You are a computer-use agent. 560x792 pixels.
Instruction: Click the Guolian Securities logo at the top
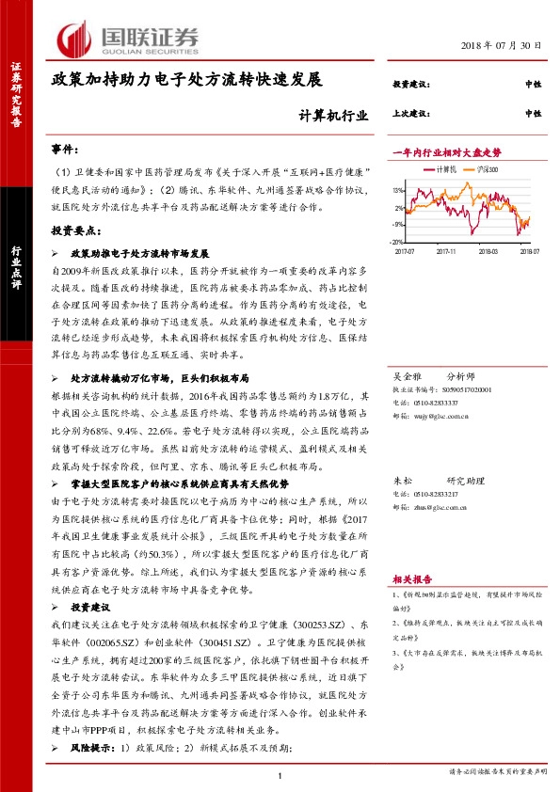tap(128, 39)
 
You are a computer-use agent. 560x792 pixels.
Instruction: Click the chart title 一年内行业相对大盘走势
tap(446, 151)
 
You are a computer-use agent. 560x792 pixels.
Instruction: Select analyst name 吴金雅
tap(406, 372)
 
